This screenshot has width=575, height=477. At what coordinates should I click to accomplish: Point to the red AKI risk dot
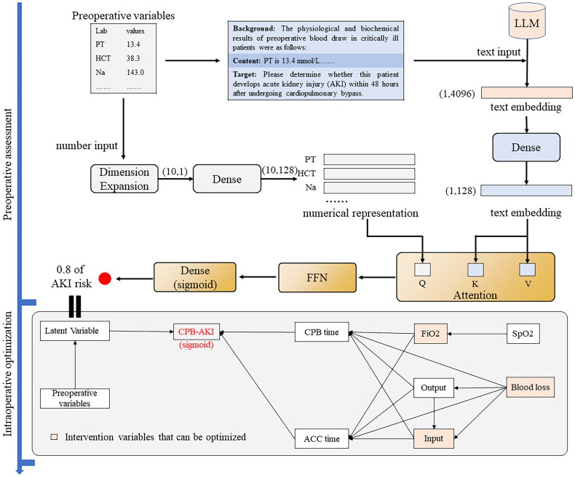pyautogui.click(x=106, y=278)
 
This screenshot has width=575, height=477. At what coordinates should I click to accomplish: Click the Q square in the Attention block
pyautogui.click(x=422, y=270)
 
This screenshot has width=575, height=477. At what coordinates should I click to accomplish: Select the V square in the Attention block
pyautogui.click(x=527, y=270)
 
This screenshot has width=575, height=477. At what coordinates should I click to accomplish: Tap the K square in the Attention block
pyautogui.click(x=475, y=270)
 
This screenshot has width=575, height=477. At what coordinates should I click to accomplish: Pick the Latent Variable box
pyautogui.click(x=75, y=332)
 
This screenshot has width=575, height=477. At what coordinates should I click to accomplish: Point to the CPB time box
pyautogui.click(x=321, y=332)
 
